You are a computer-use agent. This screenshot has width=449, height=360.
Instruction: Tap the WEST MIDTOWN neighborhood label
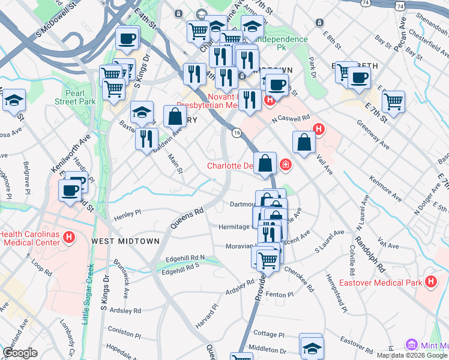(x=125, y=241)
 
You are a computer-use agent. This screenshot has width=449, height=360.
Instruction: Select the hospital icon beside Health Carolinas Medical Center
(x=69, y=238)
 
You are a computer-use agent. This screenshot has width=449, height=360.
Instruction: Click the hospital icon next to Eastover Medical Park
(x=430, y=281)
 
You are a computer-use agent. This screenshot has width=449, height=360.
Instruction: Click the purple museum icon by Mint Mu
(x=412, y=345)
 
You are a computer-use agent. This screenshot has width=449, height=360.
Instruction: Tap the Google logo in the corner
(x=20, y=353)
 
